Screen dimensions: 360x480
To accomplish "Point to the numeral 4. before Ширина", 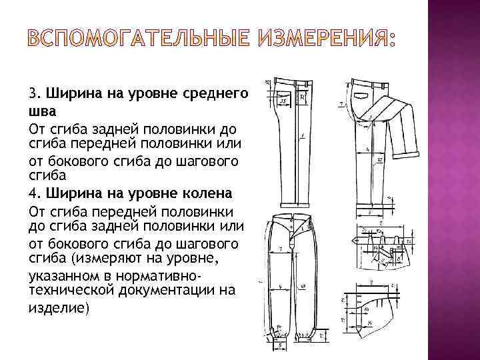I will point(35,194).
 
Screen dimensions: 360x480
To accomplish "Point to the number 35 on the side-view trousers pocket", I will point(283,101).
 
